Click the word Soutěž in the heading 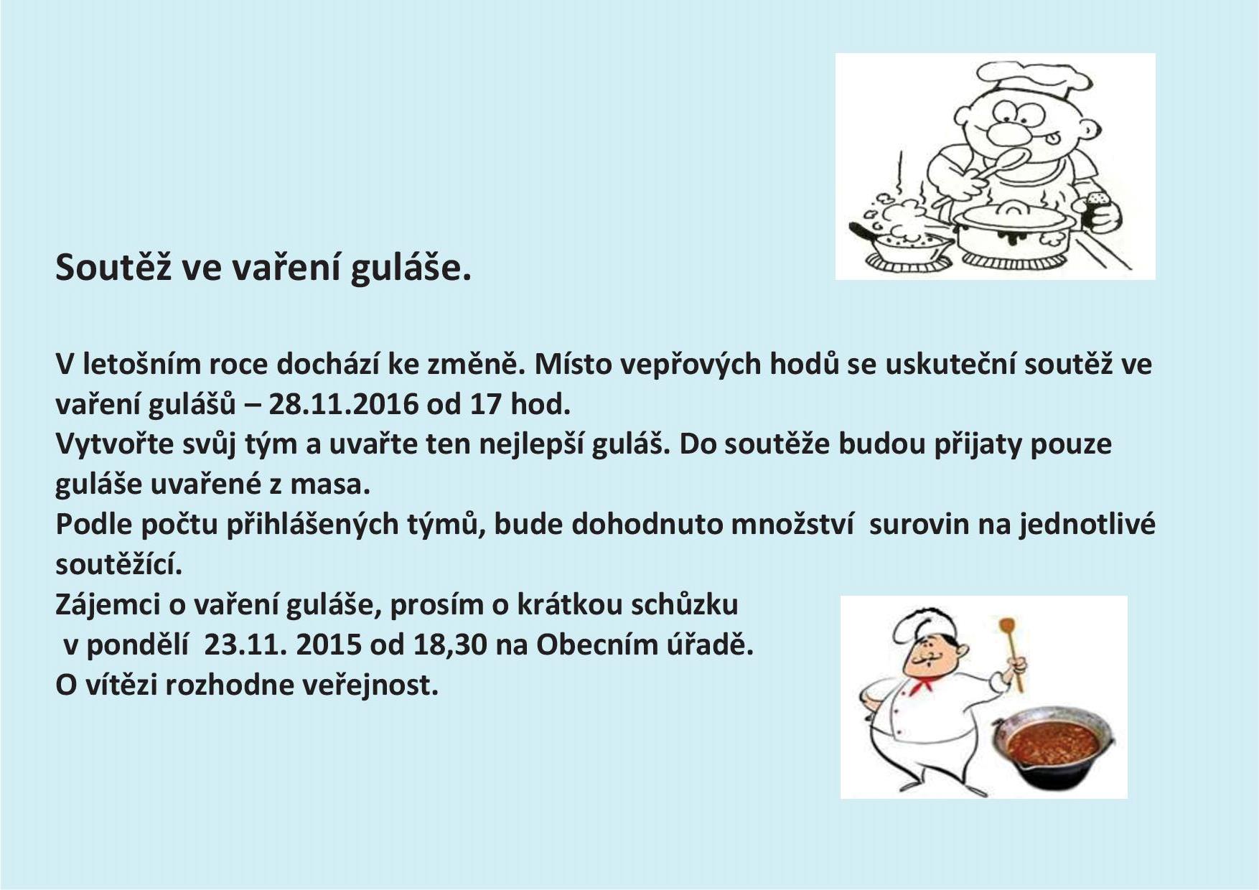tap(111, 267)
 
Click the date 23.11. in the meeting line tap(245, 645)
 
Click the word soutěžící tap(119, 564)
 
